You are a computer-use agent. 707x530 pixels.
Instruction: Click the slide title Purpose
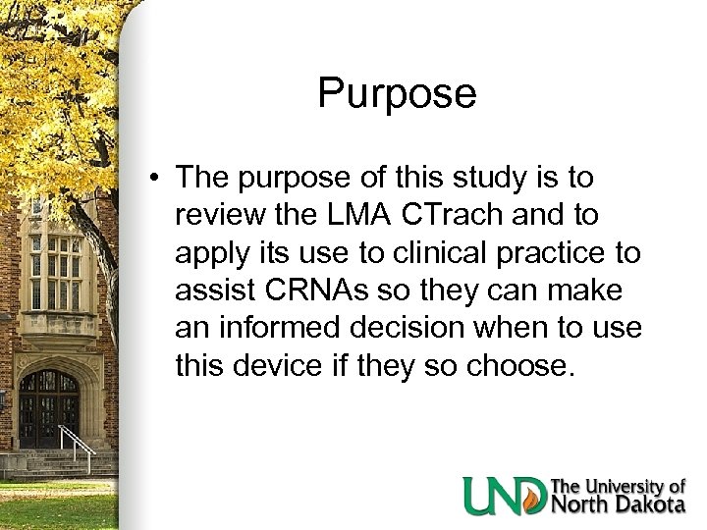[397, 94]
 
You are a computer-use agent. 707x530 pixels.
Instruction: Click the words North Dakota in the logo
[618, 504]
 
